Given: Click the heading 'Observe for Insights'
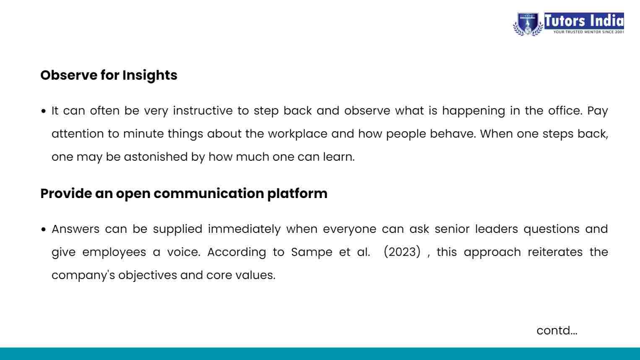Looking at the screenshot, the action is (x=109, y=76).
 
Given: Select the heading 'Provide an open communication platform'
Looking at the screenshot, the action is (x=184, y=194).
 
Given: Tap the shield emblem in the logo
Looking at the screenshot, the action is (x=528, y=24).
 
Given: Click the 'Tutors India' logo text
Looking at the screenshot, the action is (x=584, y=21).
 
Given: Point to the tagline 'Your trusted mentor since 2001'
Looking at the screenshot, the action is (x=588, y=32).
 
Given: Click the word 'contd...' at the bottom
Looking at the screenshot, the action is (x=557, y=331).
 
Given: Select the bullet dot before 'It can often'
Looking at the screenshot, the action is (x=44, y=111).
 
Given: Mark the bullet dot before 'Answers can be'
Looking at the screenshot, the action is (x=44, y=230).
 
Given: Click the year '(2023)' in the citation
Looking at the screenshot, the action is (x=402, y=252).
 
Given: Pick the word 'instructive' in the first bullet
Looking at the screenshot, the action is (x=203, y=111).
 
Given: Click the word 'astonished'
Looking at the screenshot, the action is (x=156, y=157).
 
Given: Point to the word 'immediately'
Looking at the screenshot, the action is (x=244, y=230).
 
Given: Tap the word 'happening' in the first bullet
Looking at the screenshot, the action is (x=474, y=111).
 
